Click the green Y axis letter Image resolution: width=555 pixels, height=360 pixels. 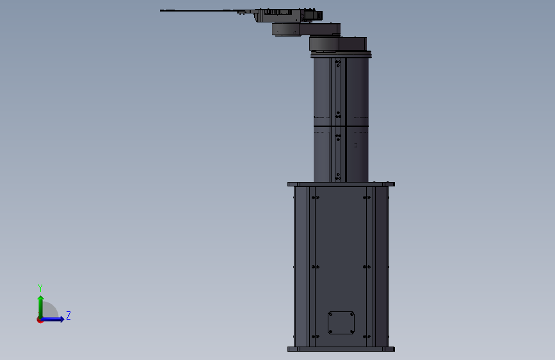click(x=40, y=288)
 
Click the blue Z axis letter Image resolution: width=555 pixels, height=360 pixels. click(x=68, y=315)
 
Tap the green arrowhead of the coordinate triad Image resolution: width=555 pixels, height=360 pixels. click(x=41, y=298)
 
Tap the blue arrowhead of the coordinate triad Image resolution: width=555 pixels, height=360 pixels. click(x=62, y=319)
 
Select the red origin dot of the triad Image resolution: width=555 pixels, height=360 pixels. click(x=40, y=320)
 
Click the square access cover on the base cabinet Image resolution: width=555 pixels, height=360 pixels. click(x=341, y=322)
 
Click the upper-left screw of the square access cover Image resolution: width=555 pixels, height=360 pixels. click(x=330, y=314)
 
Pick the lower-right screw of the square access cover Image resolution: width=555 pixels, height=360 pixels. click(x=351, y=332)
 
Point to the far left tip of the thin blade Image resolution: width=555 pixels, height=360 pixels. click(x=160, y=11)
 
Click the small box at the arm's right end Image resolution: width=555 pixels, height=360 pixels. click(x=317, y=15)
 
